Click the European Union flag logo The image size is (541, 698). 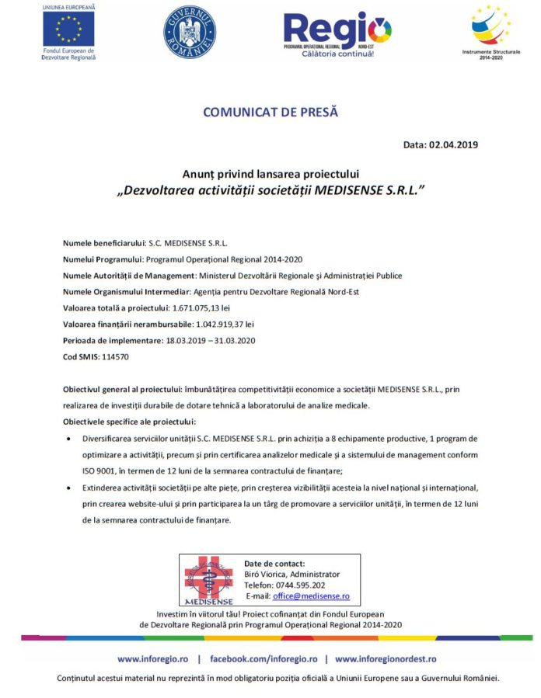68,30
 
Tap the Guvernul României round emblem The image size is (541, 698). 189,33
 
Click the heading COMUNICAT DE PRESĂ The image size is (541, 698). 270,112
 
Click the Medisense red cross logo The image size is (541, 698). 208,579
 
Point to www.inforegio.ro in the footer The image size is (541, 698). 151,658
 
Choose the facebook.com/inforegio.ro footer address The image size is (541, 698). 263,658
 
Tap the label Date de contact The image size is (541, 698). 274,564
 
